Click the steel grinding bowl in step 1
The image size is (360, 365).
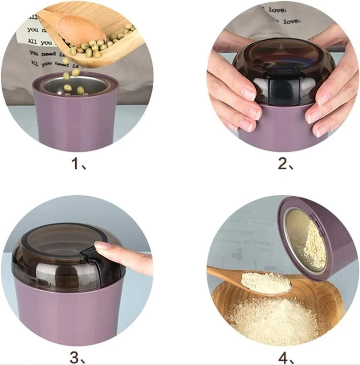(x=75, y=85)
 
